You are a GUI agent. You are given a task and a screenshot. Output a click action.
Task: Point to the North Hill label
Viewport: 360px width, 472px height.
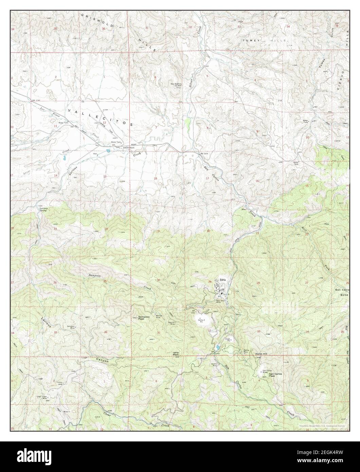pyautogui.click(x=262, y=354)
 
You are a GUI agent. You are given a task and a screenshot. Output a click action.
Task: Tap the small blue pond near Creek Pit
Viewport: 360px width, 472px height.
pyautogui.click(x=217, y=347)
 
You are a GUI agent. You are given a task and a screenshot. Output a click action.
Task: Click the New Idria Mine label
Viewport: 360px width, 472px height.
pyautogui.click(x=221, y=302)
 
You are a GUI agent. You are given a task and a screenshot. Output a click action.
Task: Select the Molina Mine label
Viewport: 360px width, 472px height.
pyautogui.click(x=247, y=351)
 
